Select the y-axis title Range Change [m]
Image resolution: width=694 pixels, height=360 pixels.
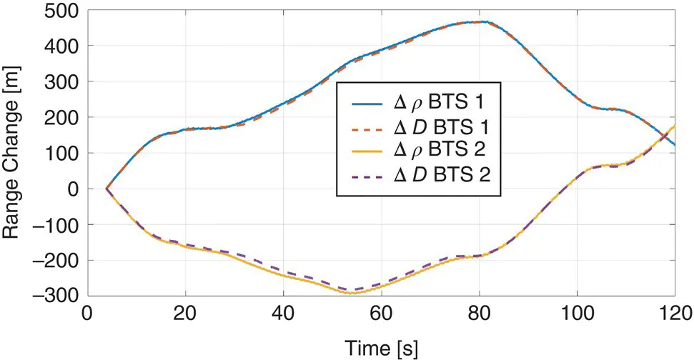(15, 153)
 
